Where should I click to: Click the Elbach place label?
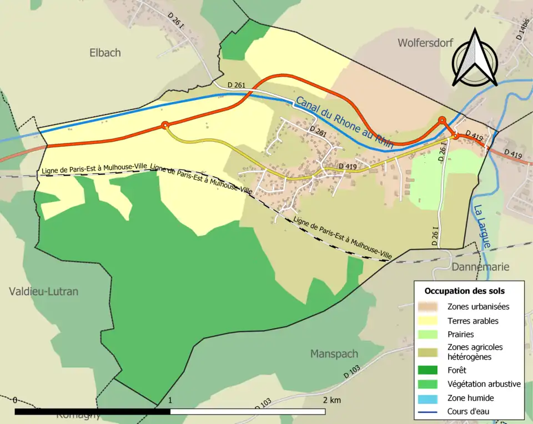pos(105,53)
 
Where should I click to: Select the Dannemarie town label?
pos(480,267)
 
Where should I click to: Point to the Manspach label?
pos(334,354)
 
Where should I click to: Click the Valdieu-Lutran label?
pos(43,291)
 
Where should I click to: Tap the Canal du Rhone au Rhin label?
pos(344,123)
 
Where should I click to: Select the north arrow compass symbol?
pos(475,58)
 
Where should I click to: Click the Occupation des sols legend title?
pos(465,291)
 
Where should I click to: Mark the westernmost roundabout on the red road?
pos(164,126)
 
